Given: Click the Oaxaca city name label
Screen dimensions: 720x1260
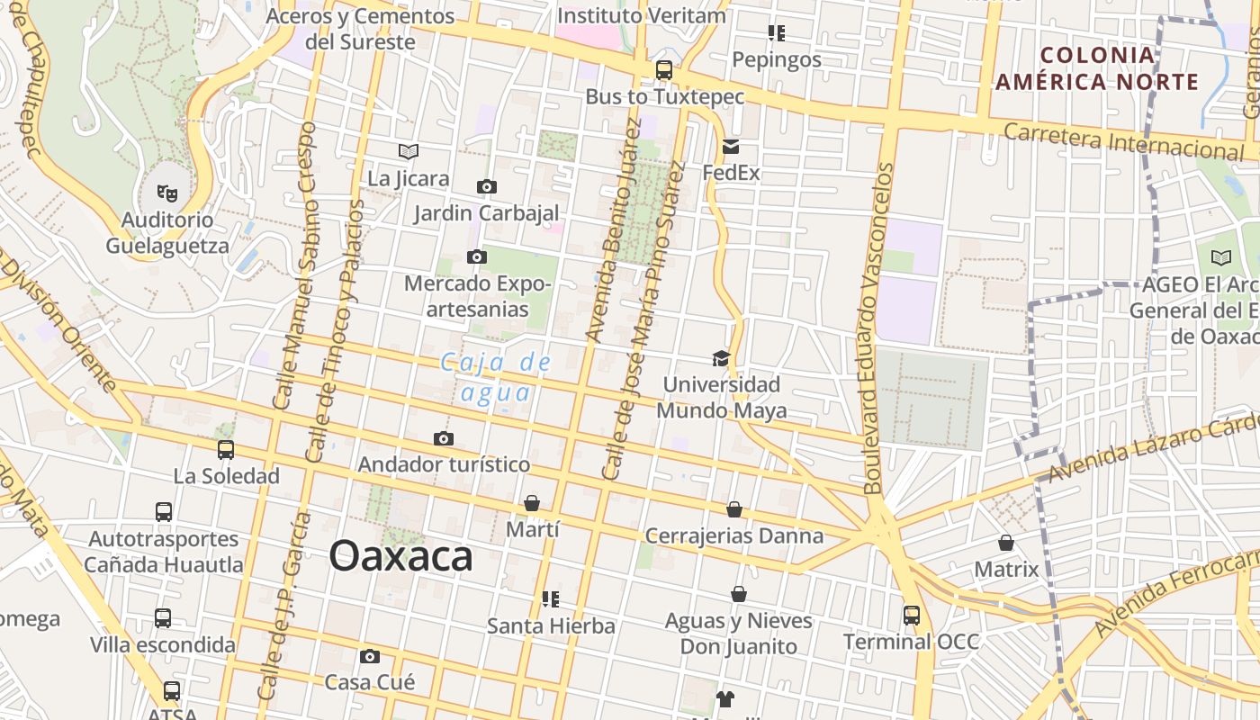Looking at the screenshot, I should pos(400,556).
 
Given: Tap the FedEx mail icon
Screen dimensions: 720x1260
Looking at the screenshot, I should pos(730,147).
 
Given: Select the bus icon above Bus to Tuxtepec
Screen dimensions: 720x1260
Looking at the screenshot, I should pos(664,69).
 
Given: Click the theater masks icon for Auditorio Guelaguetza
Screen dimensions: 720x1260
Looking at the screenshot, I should pos(166,193).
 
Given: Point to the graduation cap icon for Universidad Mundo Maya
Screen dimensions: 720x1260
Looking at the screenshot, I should pos(721,358).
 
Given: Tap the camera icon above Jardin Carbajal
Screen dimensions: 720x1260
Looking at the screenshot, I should pos(486,187).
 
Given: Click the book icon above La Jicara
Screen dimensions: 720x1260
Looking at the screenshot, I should pos(409,151).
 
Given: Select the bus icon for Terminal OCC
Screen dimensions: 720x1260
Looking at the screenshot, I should pos(912,616).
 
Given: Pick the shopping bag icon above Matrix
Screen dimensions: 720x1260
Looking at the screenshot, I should pos(1006,543).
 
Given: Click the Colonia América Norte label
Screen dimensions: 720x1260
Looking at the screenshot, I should pos(1097,68).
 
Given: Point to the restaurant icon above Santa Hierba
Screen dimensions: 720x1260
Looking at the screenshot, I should pos(551,598).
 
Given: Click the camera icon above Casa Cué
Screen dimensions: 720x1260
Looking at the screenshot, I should pos(369,656).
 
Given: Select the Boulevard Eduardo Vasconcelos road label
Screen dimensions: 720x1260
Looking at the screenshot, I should pos(877,328).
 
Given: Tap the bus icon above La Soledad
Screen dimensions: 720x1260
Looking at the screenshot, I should pos(226,449).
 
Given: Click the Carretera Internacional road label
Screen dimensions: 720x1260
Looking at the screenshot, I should pos(1123,140).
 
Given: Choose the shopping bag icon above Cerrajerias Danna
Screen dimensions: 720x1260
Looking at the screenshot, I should pos(734,509).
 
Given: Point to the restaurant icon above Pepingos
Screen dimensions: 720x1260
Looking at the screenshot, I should pos(777,33).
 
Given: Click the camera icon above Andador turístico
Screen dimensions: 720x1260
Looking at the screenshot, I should pos(443,438).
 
